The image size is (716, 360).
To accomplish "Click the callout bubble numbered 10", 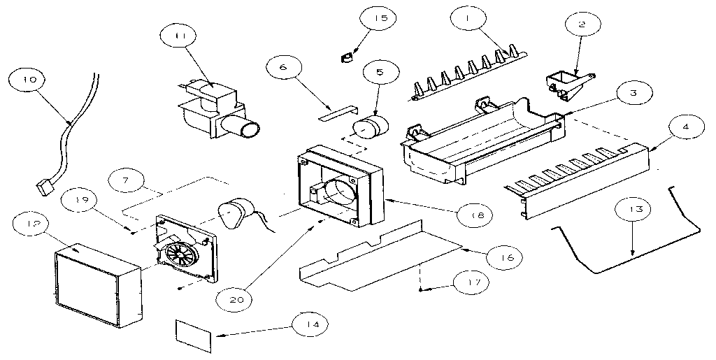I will click(29, 80).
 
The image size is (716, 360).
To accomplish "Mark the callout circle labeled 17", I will click(468, 282).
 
